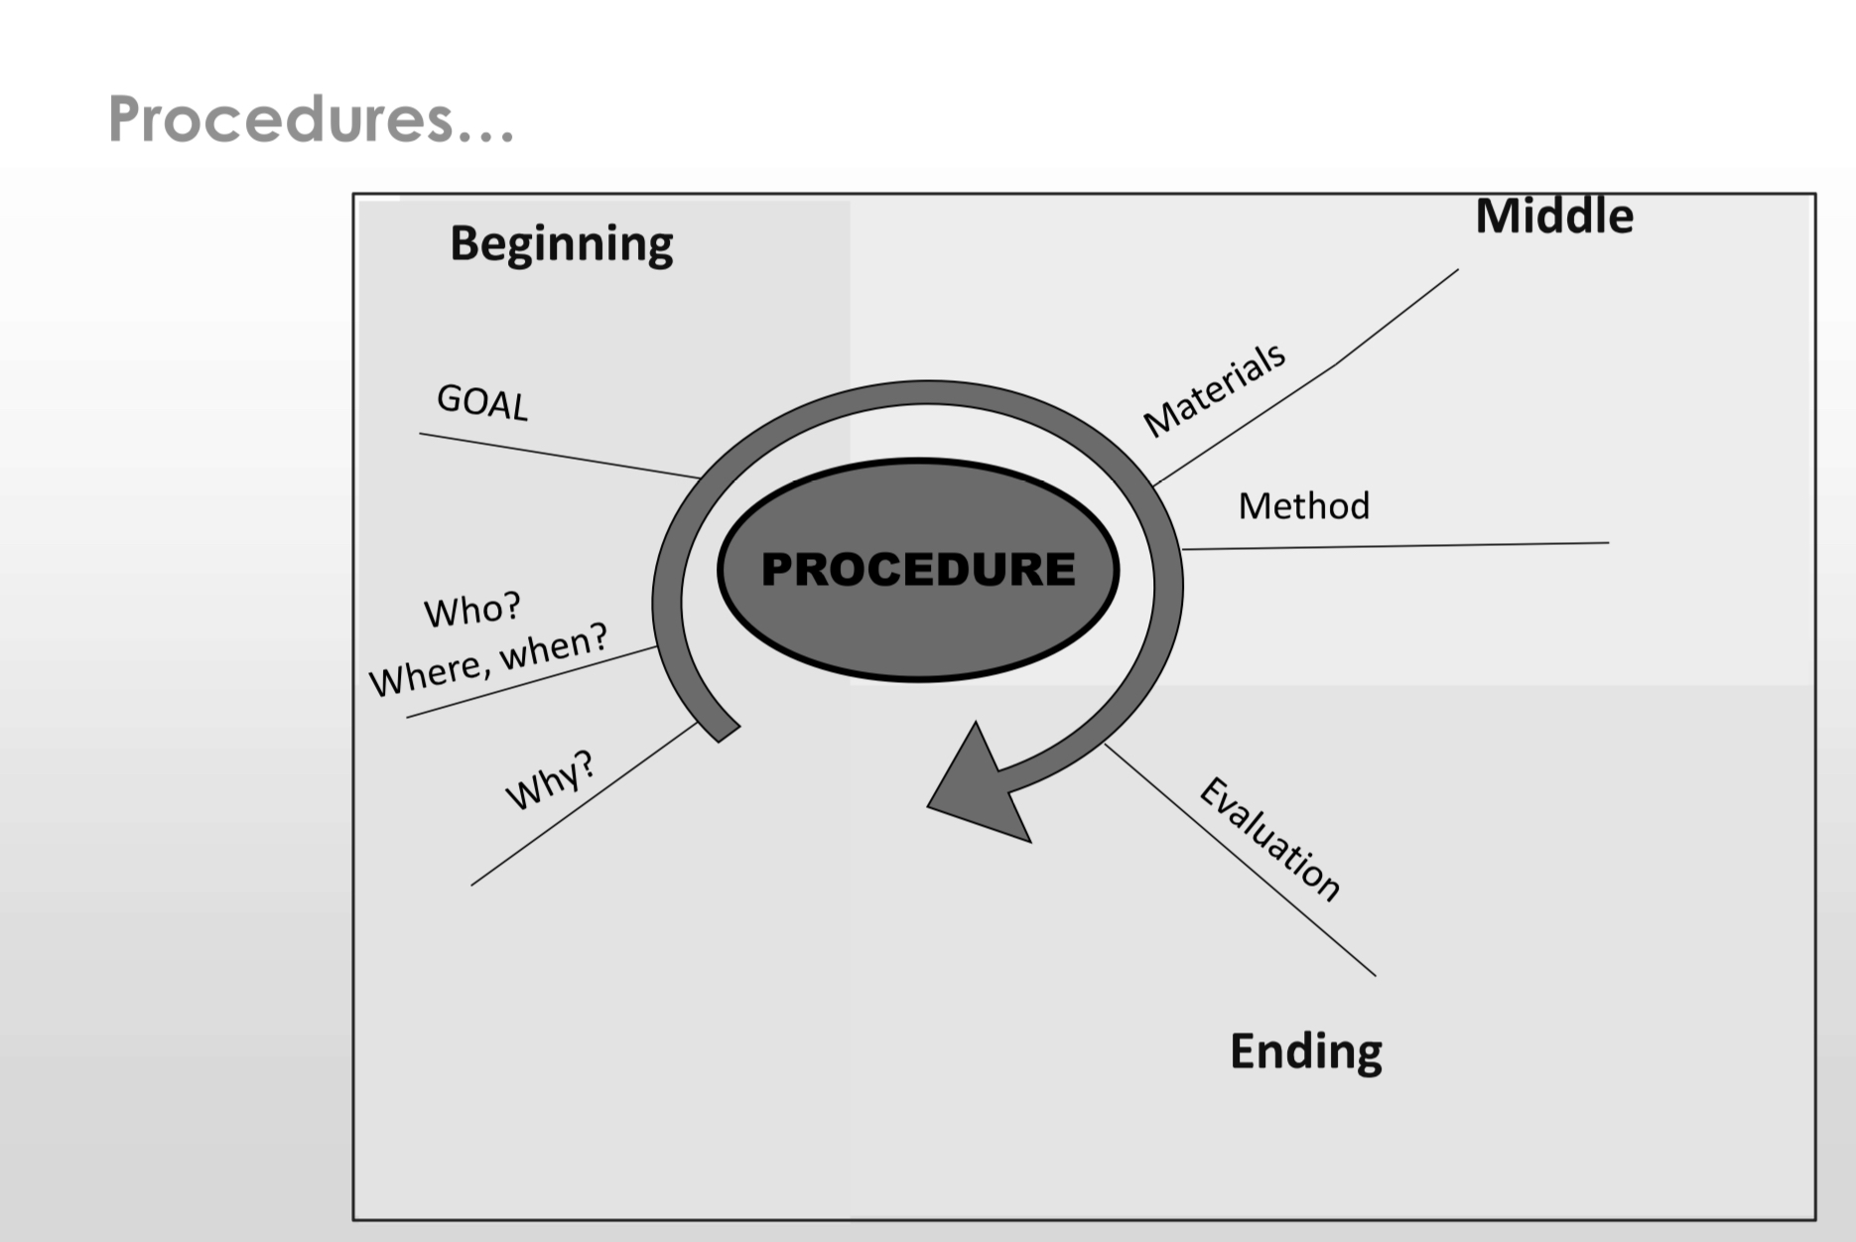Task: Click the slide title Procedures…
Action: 310,120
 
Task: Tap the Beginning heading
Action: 561,243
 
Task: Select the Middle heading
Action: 1553,216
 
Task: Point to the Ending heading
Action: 1305,1051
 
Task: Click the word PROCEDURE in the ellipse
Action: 918,570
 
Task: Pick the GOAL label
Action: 482,402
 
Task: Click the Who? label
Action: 472,610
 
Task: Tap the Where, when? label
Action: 488,660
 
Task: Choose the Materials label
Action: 1215,388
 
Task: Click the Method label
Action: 1303,506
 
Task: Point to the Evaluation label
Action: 1270,840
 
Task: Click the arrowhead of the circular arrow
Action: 978,789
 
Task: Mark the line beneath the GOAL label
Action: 556,455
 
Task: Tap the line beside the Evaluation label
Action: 1241,860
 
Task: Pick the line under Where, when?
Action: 531,682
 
